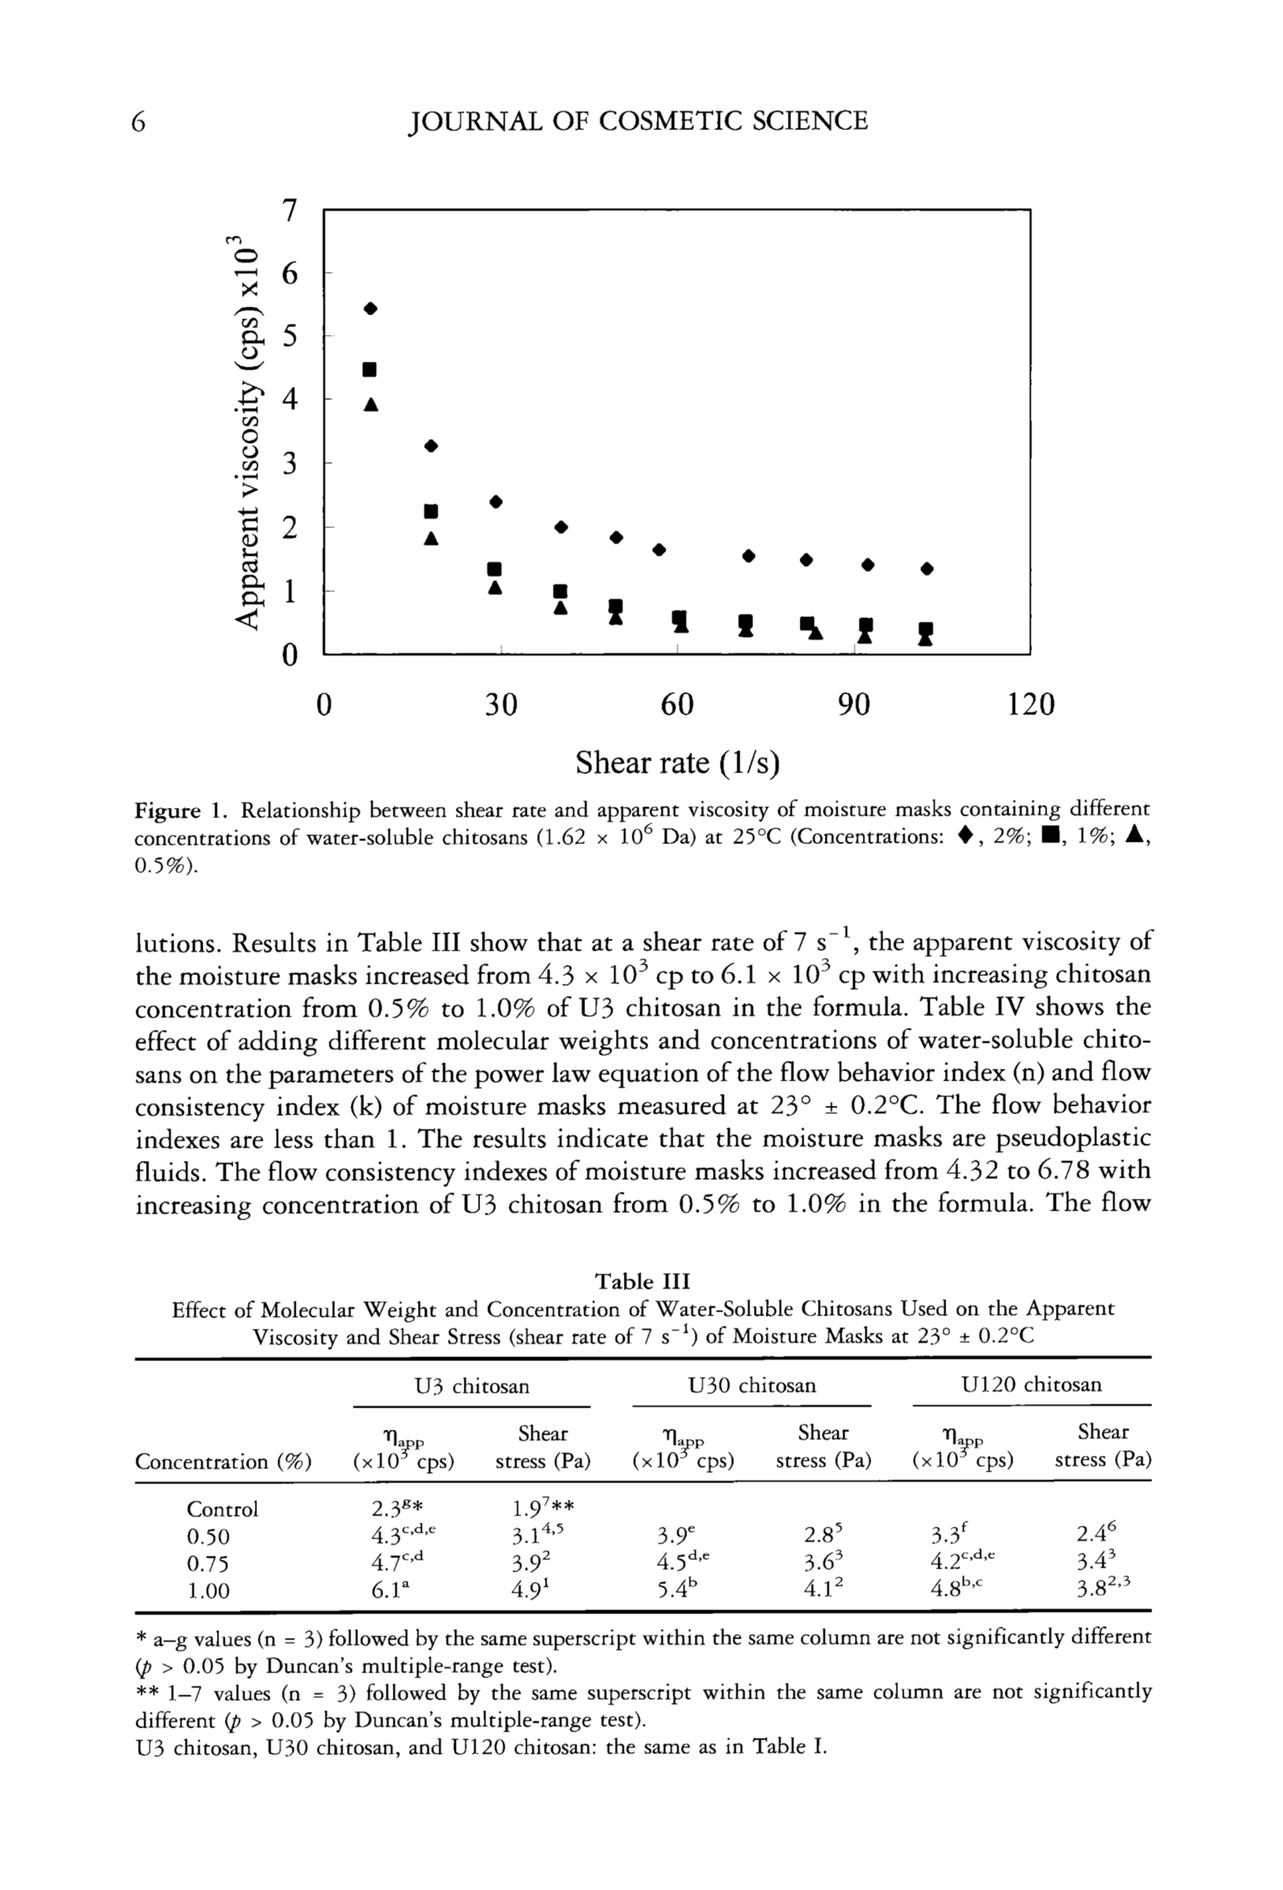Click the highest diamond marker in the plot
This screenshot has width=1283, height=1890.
point(371,308)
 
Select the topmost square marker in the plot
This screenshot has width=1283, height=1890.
point(369,370)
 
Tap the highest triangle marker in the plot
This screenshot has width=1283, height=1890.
point(371,404)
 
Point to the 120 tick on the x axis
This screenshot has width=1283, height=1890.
point(1030,705)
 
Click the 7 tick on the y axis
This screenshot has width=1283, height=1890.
point(289,210)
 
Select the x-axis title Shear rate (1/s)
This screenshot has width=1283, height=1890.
point(677,763)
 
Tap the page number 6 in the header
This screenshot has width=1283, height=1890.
point(139,122)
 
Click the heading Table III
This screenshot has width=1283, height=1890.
point(642,1282)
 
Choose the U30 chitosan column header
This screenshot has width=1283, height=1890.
point(751,1385)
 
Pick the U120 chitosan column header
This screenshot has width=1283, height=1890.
point(1031,1384)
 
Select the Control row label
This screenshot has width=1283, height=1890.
point(222,1509)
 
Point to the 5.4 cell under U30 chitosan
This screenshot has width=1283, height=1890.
point(673,1591)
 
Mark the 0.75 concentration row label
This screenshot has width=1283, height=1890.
point(208,1564)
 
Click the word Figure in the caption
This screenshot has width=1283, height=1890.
point(166,810)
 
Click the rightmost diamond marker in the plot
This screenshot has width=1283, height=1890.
point(927,568)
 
